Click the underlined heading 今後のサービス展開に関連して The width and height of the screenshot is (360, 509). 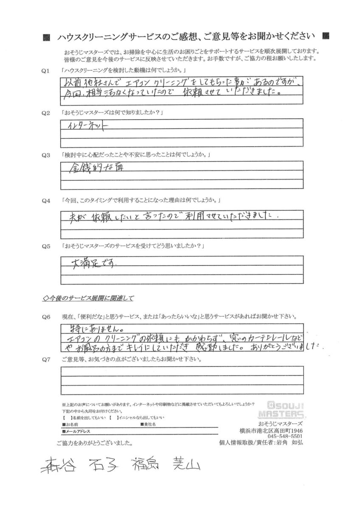(x=89, y=298)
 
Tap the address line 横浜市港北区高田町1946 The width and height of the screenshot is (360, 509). (x=276, y=430)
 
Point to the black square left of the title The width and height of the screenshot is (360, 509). (x=47, y=37)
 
